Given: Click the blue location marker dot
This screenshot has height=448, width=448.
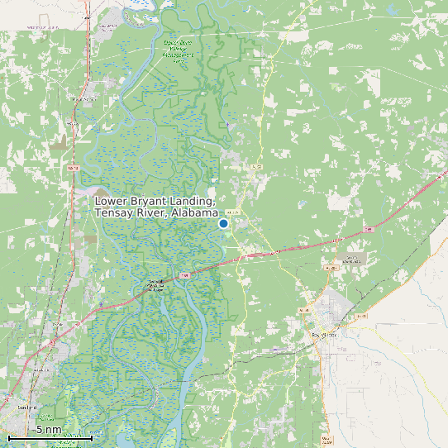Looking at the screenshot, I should point(223,223).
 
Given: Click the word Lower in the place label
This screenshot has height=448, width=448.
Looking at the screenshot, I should point(112,202).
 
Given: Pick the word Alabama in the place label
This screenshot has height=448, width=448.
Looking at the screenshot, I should point(195,214).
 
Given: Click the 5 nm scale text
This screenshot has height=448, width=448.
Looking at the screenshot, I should point(48,430).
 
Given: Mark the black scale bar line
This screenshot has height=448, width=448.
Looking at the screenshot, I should point(50,438).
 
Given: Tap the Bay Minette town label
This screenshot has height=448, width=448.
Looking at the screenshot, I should point(325,334).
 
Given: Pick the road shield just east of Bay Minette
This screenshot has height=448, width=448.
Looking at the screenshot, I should point(360,316).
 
